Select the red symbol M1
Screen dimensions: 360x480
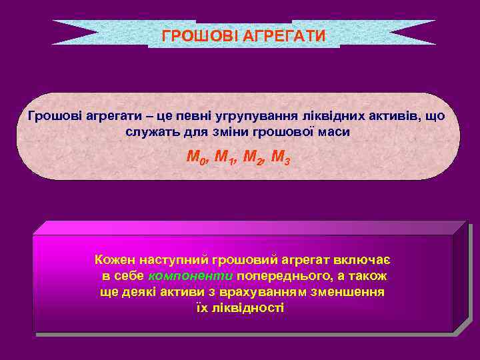click(x=227, y=159)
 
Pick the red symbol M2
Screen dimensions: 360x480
click(x=254, y=159)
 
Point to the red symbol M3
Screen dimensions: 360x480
click(x=281, y=159)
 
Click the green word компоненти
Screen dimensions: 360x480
click(x=191, y=275)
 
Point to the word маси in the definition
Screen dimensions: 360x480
click(x=334, y=131)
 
